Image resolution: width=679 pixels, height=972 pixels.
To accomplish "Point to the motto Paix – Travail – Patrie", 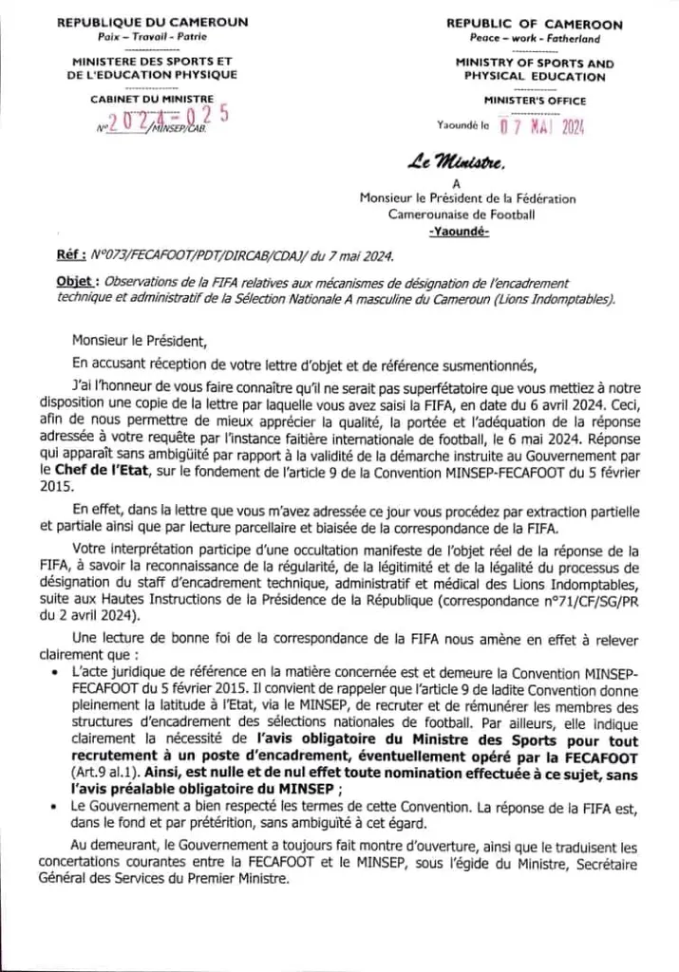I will pyautogui.click(x=153, y=37).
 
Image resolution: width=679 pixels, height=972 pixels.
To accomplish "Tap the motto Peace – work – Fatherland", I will pyautogui.click(x=535, y=39).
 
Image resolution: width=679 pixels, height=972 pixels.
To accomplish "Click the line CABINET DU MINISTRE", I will pyautogui.click(x=152, y=99).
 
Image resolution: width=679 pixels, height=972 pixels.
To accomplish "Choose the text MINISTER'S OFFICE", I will pyautogui.click(x=535, y=101).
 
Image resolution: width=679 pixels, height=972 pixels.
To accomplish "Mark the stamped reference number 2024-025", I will pyautogui.click(x=167, y=119).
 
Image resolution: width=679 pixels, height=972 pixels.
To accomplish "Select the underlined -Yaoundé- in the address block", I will pyautogui.click(x=460, y=233).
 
